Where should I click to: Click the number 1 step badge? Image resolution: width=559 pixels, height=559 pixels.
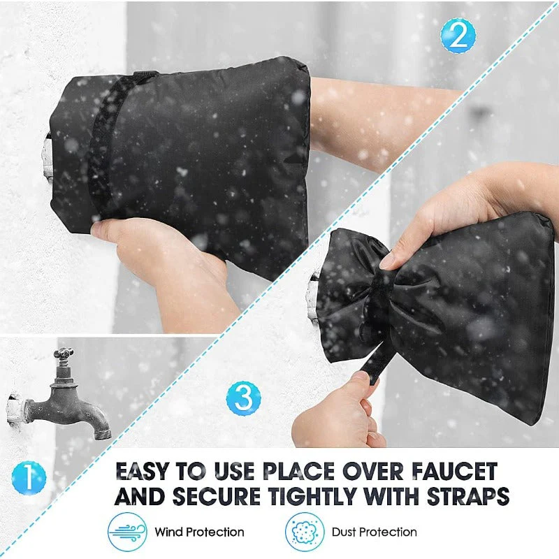coord(29,479)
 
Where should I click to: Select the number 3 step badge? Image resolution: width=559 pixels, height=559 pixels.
coord(243,398)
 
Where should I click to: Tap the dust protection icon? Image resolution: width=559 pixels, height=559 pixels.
coord(305,532)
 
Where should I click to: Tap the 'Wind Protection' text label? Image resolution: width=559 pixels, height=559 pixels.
coord(200,532)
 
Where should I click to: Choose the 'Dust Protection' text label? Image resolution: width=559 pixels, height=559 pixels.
coord(375,532)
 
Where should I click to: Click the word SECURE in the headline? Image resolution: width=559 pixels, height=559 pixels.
coord(210,497)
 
